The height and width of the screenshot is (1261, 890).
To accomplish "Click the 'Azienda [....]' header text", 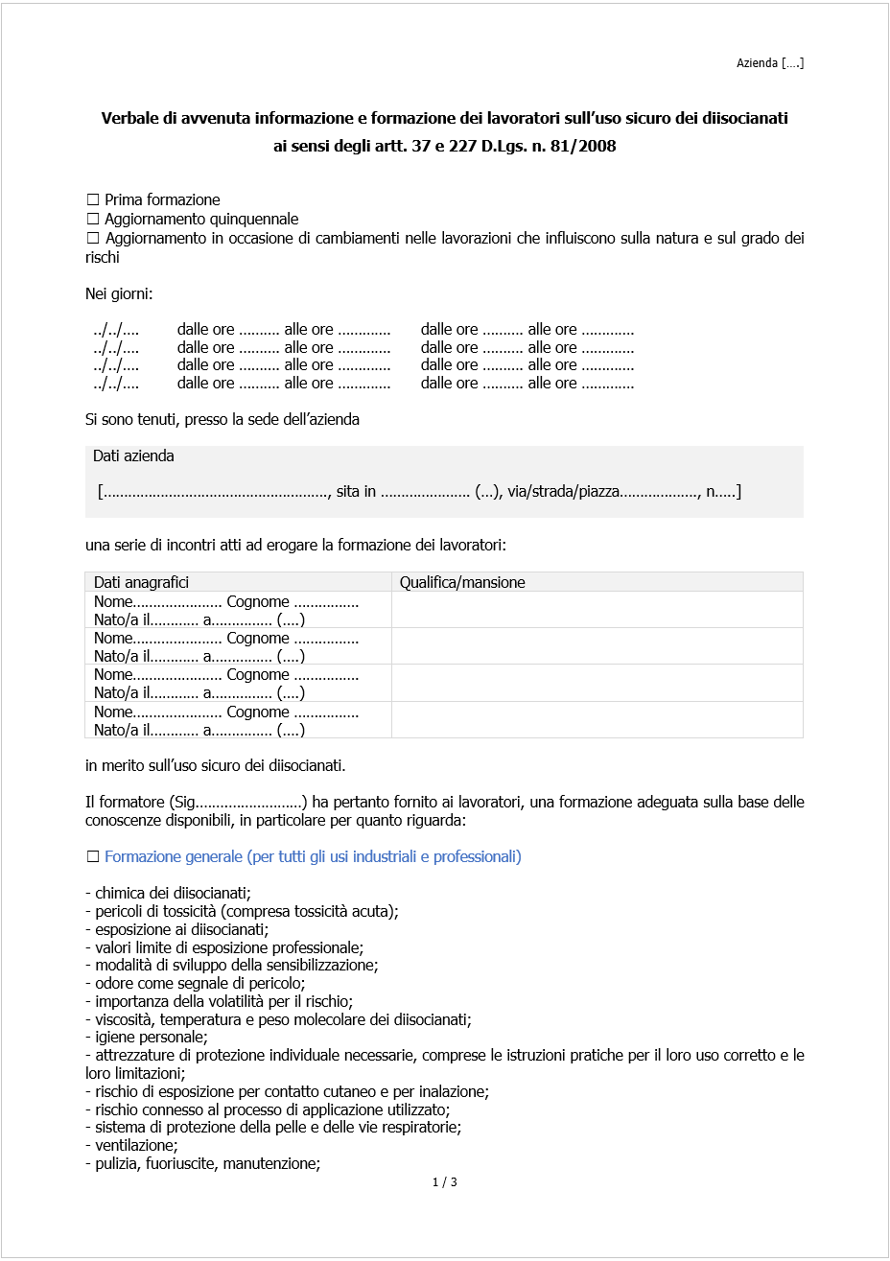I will coord(769,63).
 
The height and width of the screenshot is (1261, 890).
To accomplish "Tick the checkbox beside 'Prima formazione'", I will coord(93,199).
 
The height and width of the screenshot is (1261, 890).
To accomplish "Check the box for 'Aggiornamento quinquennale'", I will coord(93,219).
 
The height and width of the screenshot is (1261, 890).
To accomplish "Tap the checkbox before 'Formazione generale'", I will coord(93,856).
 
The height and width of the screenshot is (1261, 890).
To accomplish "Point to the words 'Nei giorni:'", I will coord(118,293).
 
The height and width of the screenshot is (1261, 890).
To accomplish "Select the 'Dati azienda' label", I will coord(133,456).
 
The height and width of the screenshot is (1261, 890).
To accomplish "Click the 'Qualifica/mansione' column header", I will coord(462,582).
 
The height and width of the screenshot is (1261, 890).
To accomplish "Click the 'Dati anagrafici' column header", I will coord(141,582).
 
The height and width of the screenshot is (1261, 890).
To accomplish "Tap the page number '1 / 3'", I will coord(444,1181).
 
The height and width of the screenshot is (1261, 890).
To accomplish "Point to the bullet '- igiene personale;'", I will coord(146,1037).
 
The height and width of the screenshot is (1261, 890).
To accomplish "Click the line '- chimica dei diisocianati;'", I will coord(168,893).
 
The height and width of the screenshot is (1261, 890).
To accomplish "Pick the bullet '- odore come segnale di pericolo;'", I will coord(195,983).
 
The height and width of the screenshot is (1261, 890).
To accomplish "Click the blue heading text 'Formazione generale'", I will coord(173,856).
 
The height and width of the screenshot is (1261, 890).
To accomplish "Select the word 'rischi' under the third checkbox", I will coord(103,257).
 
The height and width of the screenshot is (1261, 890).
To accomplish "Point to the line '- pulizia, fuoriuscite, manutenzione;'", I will coord(202,1163).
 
